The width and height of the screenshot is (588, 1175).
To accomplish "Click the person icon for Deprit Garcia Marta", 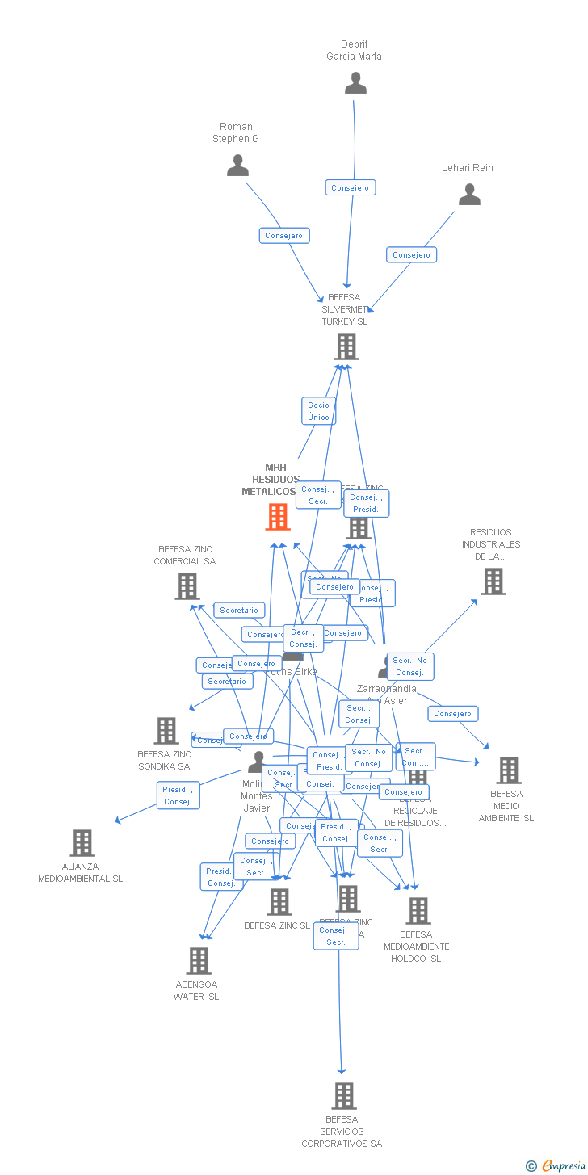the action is point(355,83).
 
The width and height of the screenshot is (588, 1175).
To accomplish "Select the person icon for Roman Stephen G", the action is point(237,166).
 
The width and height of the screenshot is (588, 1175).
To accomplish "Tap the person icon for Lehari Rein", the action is point(469,195).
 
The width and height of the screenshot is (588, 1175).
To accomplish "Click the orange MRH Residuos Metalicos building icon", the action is point(278,517).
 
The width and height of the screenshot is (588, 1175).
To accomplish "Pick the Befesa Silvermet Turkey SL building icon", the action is point(346,346).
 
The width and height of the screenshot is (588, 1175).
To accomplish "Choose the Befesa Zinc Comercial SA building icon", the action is point(187,586).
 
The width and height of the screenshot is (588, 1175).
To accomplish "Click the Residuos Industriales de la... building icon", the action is point(493,581).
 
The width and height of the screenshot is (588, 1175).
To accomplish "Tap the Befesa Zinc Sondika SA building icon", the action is point(166,731).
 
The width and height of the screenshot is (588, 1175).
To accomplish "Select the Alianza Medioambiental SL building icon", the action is point(82,843).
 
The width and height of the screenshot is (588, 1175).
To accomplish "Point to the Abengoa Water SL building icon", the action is point(199,961).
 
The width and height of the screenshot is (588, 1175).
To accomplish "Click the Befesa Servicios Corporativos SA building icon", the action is point(343,1096).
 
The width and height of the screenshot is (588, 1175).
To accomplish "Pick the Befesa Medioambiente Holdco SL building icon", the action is point(418,911).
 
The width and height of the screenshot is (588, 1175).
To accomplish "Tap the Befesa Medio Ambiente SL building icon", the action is point(508,770).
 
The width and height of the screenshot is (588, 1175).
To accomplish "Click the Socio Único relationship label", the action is point(318,411).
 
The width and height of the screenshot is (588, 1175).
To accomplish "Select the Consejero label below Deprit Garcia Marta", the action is point(351,187).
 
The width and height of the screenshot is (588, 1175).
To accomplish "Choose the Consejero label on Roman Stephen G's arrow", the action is point(284,236).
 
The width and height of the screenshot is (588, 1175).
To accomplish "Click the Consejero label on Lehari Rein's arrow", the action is point(411,255).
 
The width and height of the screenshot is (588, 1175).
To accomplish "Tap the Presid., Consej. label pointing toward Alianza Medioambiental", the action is point(178,795).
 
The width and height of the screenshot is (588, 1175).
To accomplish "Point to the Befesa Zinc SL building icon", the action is point(279,902).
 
